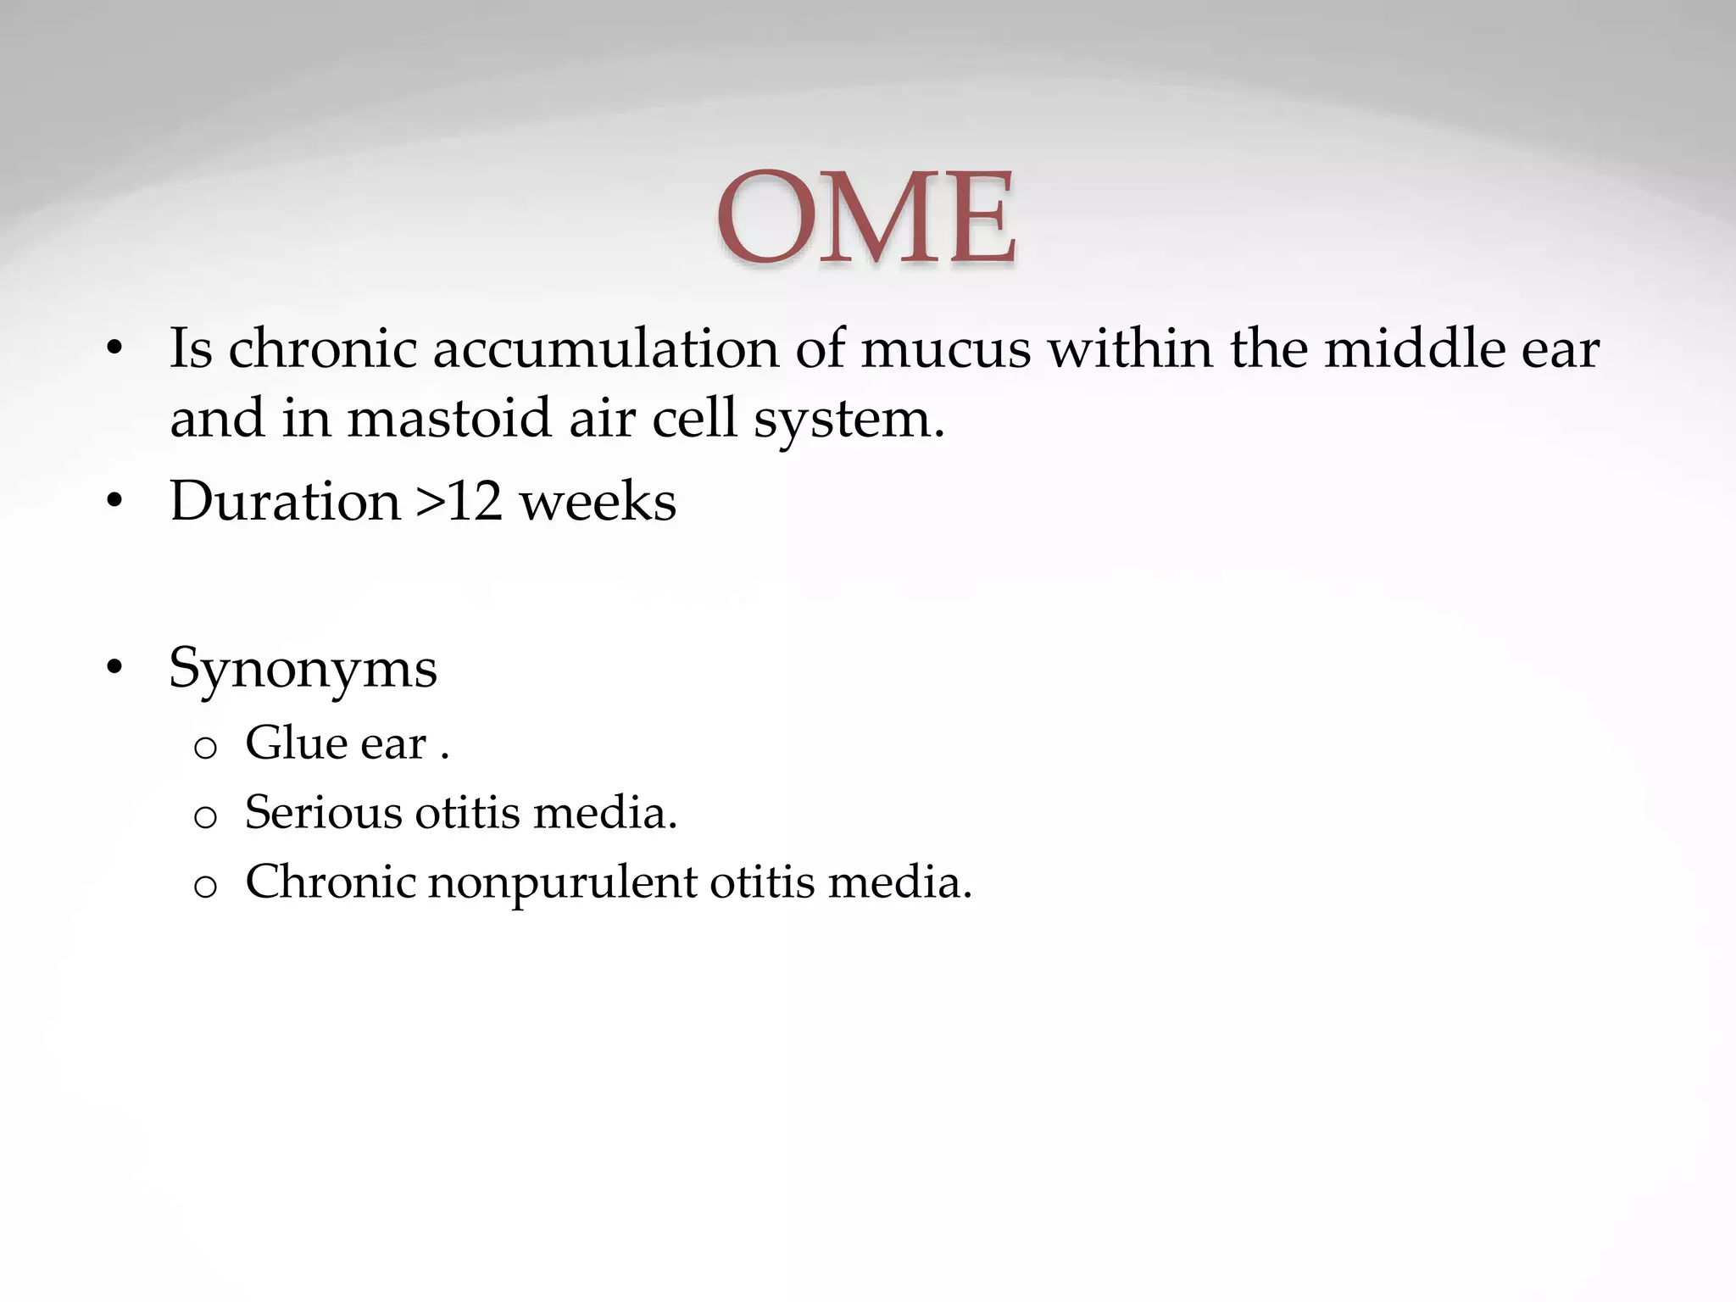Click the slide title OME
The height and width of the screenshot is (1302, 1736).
(x=865, y=218)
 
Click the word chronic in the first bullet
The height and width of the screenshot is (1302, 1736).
(x=323, y=349)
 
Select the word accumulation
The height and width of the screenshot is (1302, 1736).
(x=605, y=349)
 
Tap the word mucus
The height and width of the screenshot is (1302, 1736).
(x=945, y=349)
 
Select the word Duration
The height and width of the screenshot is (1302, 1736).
(x=285, y=501)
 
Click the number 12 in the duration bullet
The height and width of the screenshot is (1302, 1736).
(x=474, y=501)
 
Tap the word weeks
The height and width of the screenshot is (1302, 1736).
(x=598, y=501)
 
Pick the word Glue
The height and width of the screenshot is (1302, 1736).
(x=295, y=743)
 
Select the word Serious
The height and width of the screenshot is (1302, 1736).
(x=323, y=812)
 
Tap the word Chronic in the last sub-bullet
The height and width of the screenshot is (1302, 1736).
(x=330, y=882)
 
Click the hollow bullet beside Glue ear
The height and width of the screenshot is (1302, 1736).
(x=205, y=748)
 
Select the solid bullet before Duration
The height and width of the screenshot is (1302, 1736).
(x=115, y=502)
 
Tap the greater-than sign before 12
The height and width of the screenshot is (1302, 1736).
(x=429, y=503)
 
